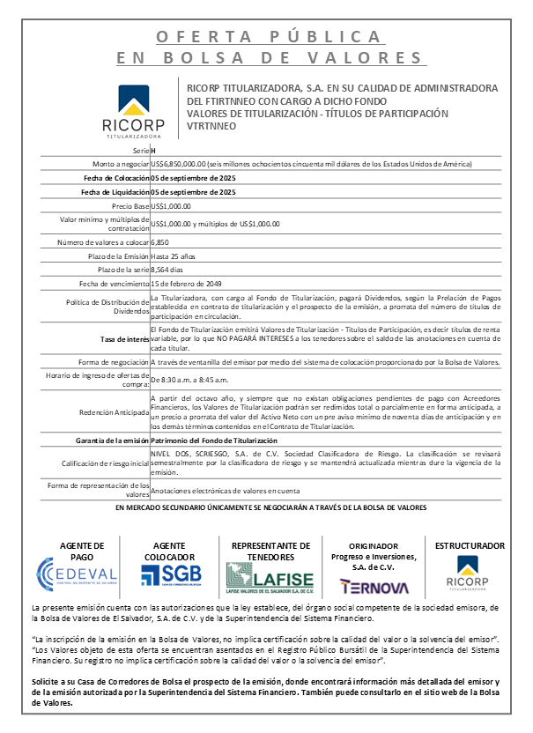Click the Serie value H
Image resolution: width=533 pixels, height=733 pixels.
click(x=154, y=152)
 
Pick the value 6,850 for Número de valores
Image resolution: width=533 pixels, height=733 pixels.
click(x=160, y=241)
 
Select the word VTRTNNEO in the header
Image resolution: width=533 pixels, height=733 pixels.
click(x=211, y=126)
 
